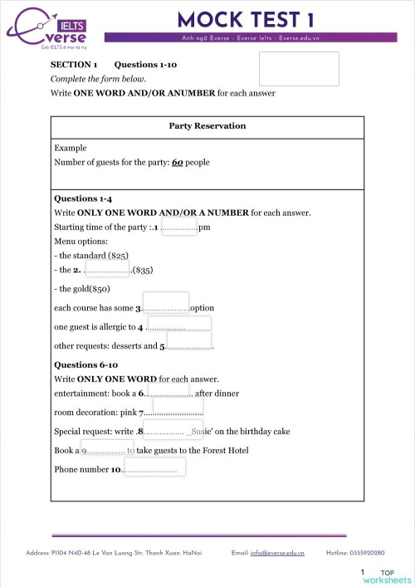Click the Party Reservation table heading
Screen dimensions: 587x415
point(207,126)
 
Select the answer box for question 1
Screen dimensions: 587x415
point(178,225)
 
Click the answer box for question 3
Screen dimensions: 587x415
point(166,303)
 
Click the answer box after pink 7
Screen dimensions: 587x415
point(177,408)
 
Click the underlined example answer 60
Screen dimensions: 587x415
point(177,163)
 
